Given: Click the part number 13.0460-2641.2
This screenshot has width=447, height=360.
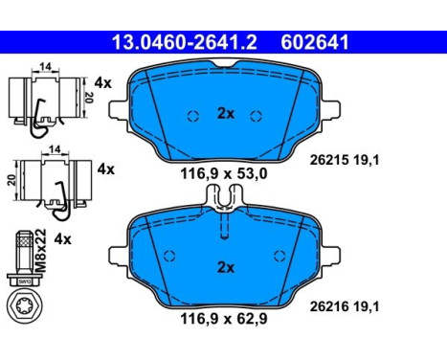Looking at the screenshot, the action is pyautogui.click(x=185, y=42).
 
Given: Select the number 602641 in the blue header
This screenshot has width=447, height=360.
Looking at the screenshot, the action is pyautogui.click(x=315, y=42).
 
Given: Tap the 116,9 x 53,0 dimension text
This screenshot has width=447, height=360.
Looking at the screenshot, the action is pyautogui.click(x=224, y=174).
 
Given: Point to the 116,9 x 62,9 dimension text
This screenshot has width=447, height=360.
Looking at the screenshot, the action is pyautogui.click(x=224, y=319).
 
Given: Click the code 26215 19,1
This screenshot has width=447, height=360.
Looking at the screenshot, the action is pyautogui.click(x=345, y=160).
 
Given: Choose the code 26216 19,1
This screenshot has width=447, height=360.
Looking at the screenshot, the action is pyautogui.click(x=345, y=307).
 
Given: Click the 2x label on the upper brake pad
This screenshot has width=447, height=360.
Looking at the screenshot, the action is pyautogui.click(x=226, y=114).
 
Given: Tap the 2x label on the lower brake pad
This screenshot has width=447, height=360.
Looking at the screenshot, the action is pyautogui.click(x=226, y=267).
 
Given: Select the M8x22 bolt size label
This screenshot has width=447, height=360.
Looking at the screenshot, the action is pyautogui.click(x=41, y=251).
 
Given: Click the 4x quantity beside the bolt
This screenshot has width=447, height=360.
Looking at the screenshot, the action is pyautogui.click(x=62, y=239).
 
